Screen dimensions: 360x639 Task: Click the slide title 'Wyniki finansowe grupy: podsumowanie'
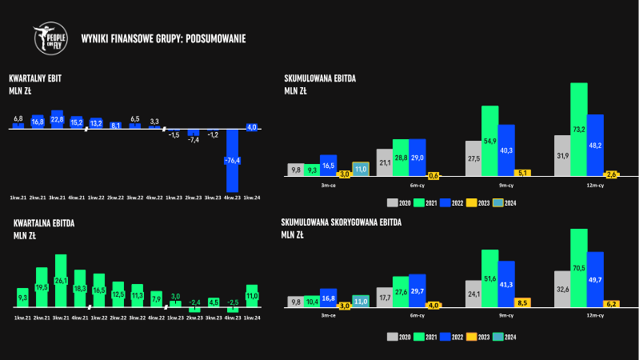[163, 38]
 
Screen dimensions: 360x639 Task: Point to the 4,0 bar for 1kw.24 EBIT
[251, 127]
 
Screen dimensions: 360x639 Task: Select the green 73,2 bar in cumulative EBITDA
[579, 128]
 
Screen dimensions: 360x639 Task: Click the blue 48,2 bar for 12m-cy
[595, 145]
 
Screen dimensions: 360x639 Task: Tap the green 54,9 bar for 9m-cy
[489, 141]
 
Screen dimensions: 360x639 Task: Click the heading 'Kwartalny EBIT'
[35, 78]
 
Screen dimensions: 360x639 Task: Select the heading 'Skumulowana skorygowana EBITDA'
[342, 222]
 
